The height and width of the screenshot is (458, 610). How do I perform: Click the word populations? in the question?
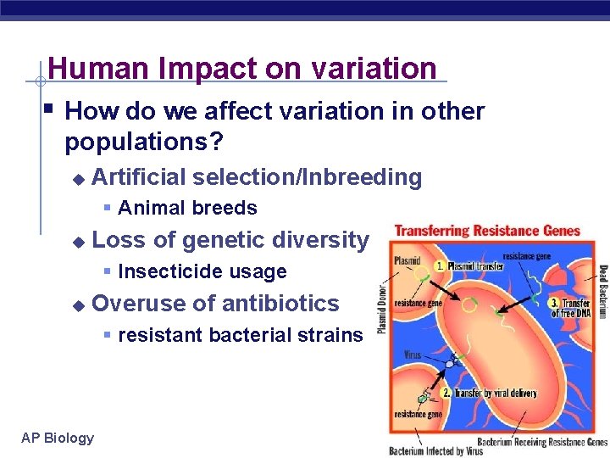coord(144,142)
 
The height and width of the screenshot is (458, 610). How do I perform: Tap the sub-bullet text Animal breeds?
coord(187,208)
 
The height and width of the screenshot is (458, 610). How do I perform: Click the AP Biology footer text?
coord(58,438)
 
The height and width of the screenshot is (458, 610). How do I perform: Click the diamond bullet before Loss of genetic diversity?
coord(78,242)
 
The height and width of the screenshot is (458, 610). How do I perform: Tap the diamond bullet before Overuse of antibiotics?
coord(78,304)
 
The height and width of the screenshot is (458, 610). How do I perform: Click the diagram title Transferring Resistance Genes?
coord(487,231)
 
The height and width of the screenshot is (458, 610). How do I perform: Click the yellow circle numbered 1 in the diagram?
coord(440,265)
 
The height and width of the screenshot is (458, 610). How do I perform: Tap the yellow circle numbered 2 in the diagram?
coord(446,394)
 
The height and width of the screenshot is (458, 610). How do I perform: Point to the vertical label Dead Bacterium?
coord(602,293)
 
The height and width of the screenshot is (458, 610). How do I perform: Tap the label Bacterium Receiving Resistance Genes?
coord(542,442)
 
